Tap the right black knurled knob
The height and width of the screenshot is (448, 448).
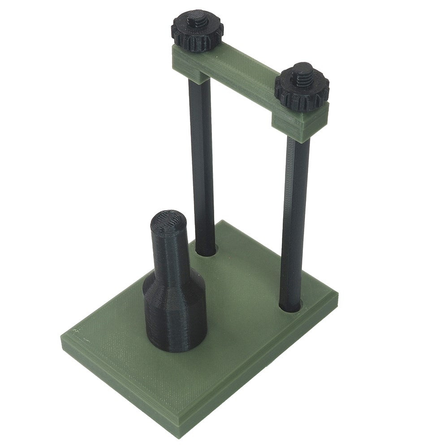pos(302,92)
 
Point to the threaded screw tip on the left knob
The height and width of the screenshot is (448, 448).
pos(197,19)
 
